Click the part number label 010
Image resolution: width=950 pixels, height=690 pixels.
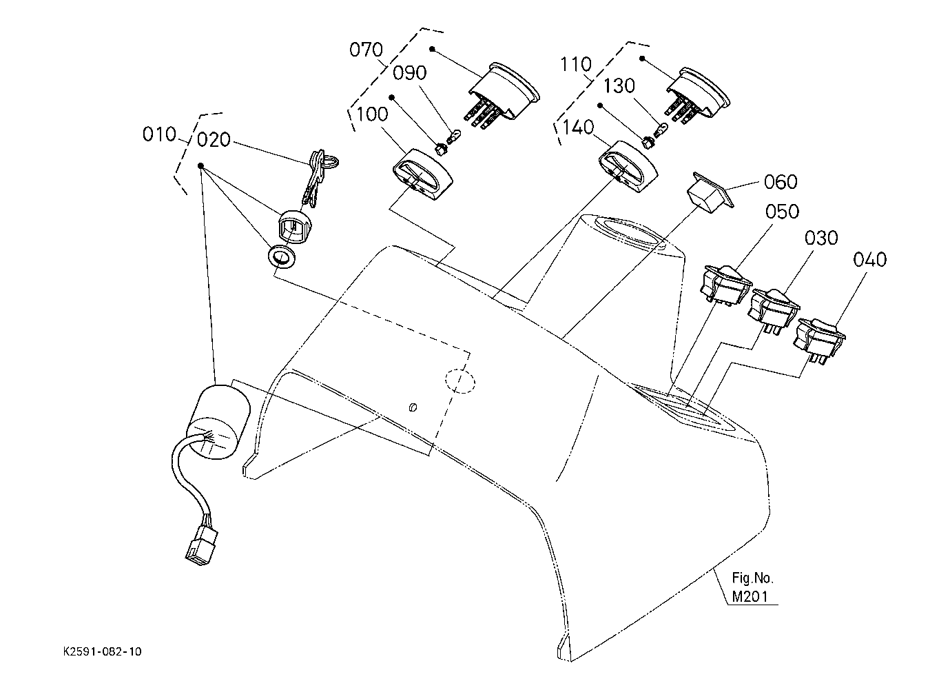(x=159, y=134)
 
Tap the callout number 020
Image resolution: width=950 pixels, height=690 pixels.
(x=214, y=140)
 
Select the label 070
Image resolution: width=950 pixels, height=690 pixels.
(x=366, y=50)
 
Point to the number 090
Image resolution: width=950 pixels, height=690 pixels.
(x=409, y=72)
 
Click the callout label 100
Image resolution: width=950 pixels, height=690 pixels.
(x=372, y=114)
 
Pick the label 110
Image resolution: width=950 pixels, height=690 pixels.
(x=575, y=64)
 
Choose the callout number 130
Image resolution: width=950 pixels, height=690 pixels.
(x=619, y=85)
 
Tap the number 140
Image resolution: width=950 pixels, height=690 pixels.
(x=578, y=127)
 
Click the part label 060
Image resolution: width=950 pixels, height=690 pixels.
(x=781, y=181)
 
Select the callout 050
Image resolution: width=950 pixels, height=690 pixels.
(x=782, y=211)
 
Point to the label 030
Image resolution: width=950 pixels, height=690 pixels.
(x=821, y=238)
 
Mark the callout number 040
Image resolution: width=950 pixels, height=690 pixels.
(x=869, y=260)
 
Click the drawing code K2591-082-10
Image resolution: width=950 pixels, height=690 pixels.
(x=102, y=651)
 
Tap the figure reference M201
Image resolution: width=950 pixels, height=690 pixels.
(x=750, y=597)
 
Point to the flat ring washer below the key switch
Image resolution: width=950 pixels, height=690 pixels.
(x=282, y=257)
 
